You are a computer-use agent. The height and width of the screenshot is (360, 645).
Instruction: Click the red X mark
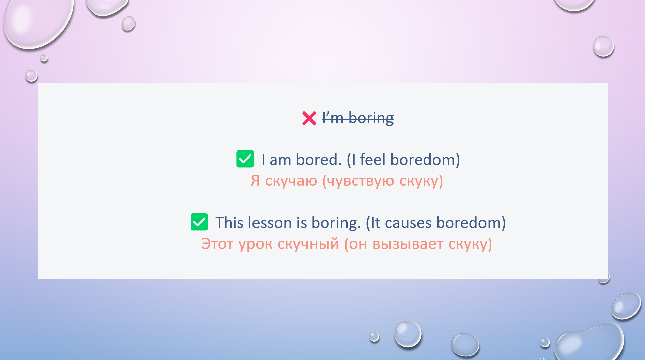pyautogui.click(x=309, y=118)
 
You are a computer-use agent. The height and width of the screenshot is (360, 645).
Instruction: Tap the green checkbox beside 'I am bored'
pyautogui.click(x=245, y=159)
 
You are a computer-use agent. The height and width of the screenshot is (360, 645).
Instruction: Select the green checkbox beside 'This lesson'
pyautogui.click(x=199, y=222)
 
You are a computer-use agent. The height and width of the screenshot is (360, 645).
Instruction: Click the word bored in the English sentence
pyautogui.click(x=319, y=160)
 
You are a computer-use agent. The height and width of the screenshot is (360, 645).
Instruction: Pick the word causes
pyautogui.click(x=408, y=223)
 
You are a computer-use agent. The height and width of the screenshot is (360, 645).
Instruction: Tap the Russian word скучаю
pyautogui.click(x=291, y=181)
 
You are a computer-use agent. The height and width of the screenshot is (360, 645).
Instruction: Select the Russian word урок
pyautogui.click(x=255, y=244)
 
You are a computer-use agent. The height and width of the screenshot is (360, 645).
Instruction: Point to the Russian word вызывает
pyautogui.click(x=408, y=244)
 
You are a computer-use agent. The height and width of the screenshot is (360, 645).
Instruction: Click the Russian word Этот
pyautogui.click(x=217, y=244)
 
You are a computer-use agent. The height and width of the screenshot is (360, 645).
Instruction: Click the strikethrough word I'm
pyautogui.click(x=333, y=118)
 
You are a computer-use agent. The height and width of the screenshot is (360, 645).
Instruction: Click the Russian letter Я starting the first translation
pyautogui.click(x=255, y=181)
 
